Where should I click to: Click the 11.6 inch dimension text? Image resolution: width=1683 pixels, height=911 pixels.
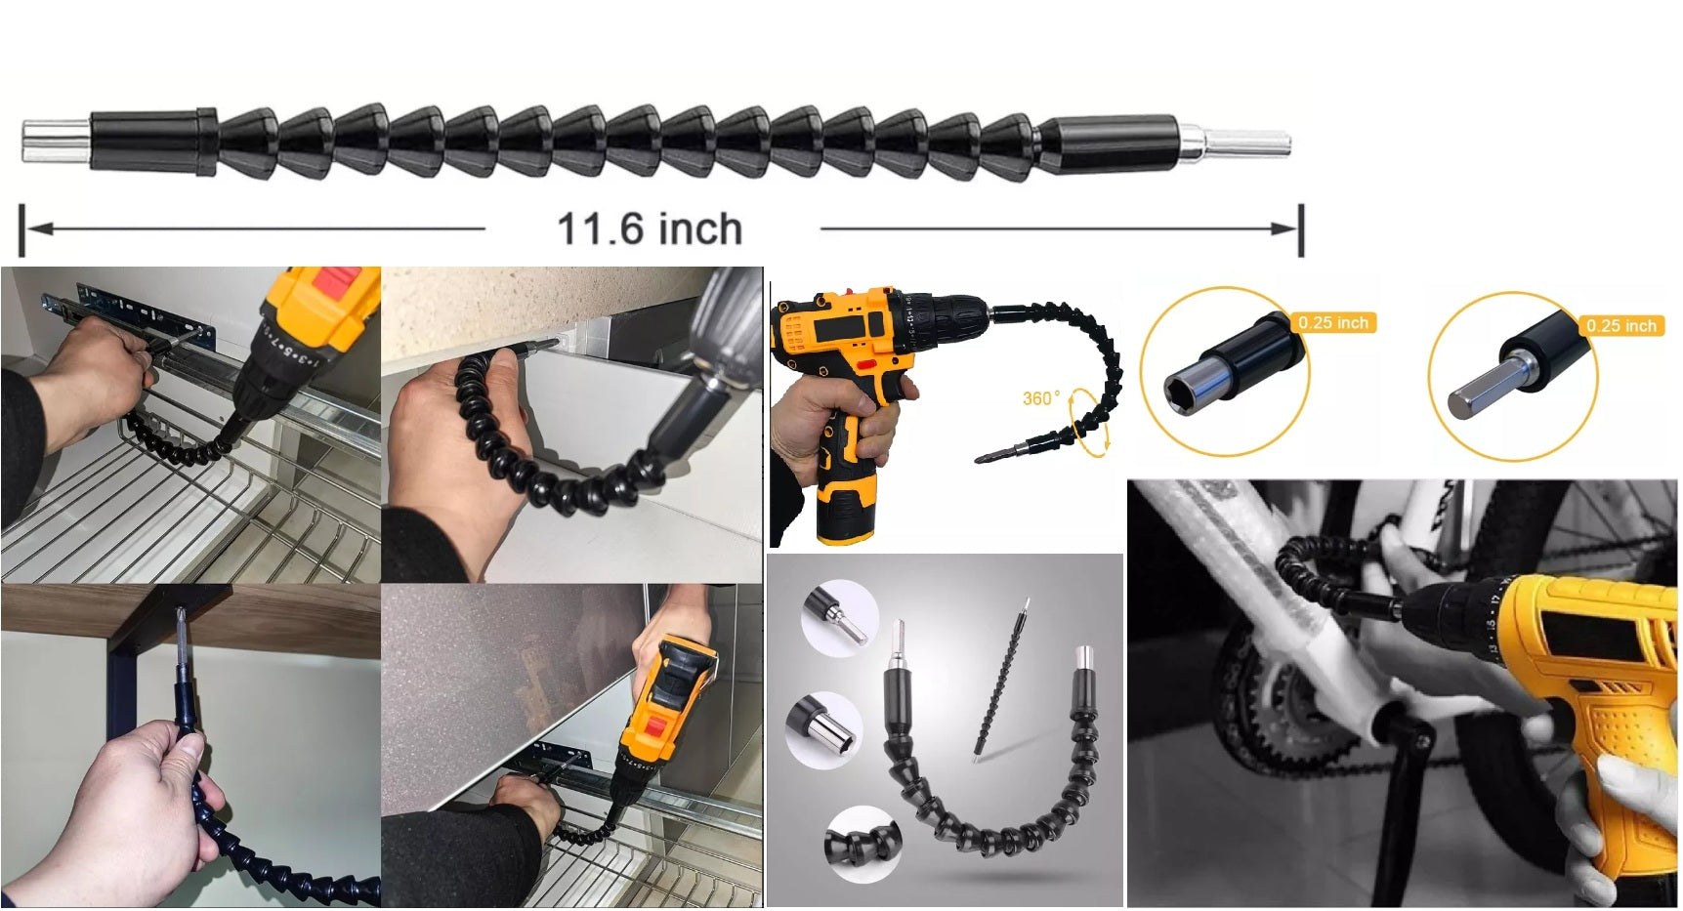(650, 228)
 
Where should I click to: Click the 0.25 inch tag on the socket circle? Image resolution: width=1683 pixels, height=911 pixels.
(1333, 322)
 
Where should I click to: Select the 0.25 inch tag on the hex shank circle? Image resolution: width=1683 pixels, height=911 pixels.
(1621, 325)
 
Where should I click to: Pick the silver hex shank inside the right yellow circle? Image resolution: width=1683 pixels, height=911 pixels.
(1477, 386)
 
